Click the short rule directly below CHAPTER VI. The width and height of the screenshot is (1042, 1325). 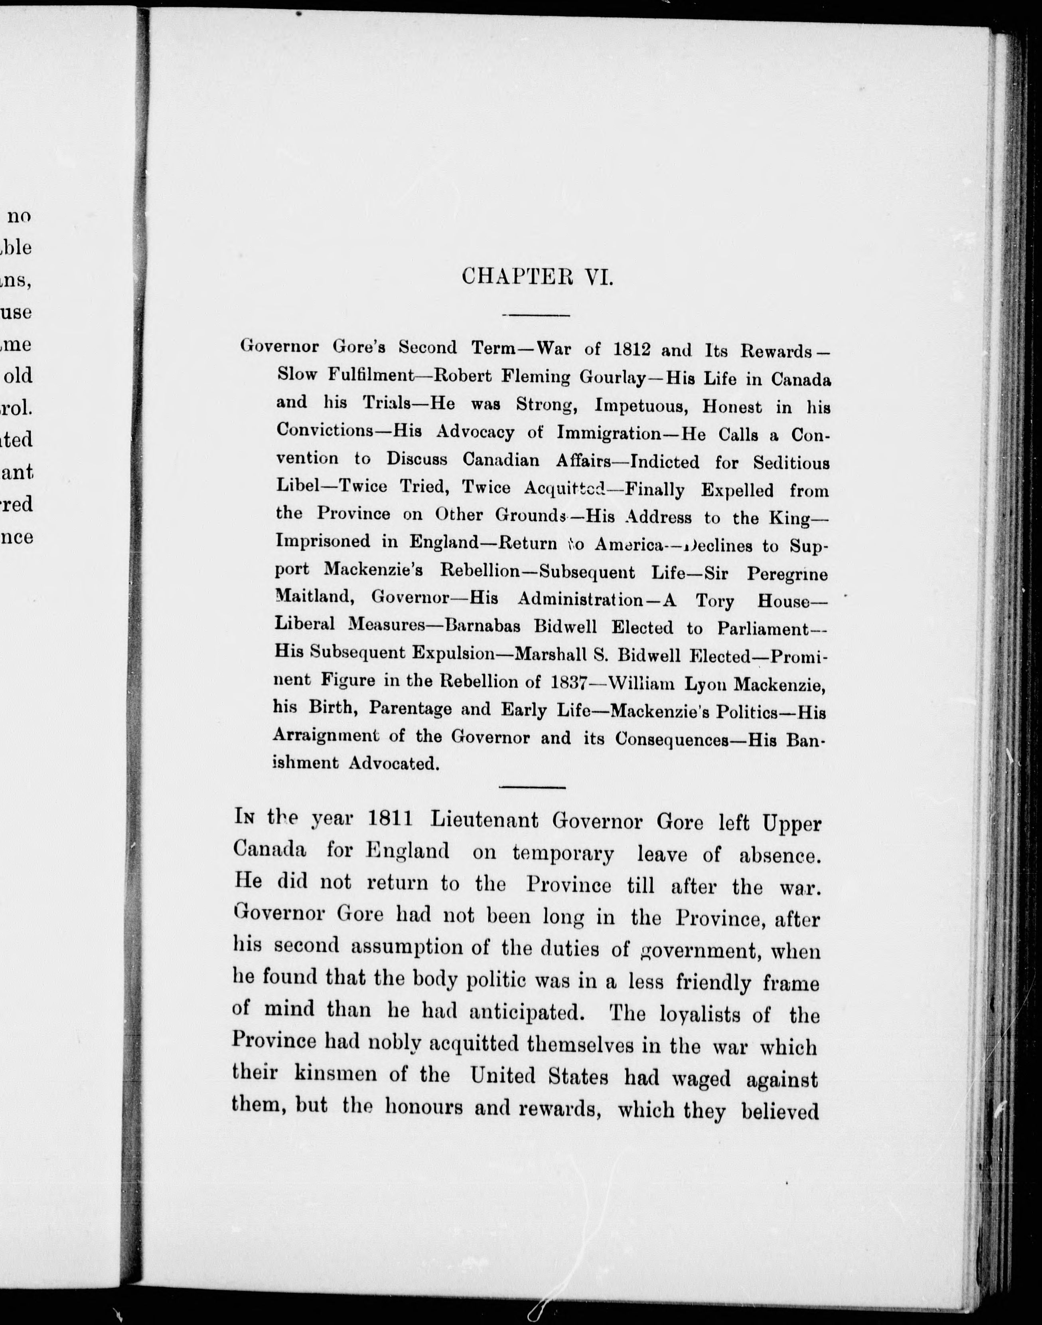click(x=535, y=315)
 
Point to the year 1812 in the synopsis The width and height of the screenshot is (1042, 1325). click(x=633, y=349)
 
